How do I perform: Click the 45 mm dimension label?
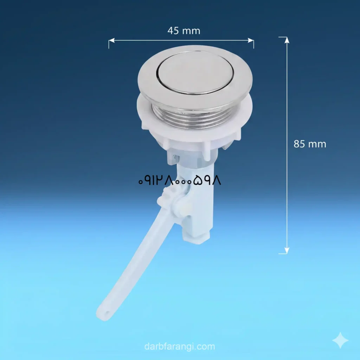[184, 31]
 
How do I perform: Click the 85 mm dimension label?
[310, 144]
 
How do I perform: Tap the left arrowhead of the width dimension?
[111, 40]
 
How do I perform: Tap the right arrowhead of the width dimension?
[251, 40]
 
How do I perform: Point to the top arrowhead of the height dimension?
[287, 40]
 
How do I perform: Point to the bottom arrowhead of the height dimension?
[287, 251]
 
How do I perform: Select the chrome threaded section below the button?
[192, 116]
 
